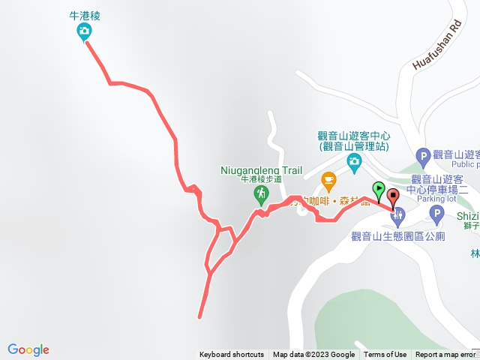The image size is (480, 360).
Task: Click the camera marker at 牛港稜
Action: click(x=84, y=31)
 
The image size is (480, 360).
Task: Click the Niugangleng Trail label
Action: click(x=262, y=169)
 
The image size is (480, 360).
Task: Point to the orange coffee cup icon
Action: click(x=328, y=180)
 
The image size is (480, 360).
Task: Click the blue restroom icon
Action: click(x=397, y=217)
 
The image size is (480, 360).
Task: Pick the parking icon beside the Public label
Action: click(x=423, y=157)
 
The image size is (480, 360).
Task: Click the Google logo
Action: click(x=28, y=349)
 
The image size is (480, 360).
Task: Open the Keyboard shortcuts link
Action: click(x=231, y=355)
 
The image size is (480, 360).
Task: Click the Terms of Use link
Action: click(x=385, y=355)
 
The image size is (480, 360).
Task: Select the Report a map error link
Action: click(x=445, y=355)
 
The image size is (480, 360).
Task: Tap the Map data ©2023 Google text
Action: click(x=313, y=355)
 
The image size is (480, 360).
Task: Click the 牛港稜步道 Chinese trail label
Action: click(x=261, y=179)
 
